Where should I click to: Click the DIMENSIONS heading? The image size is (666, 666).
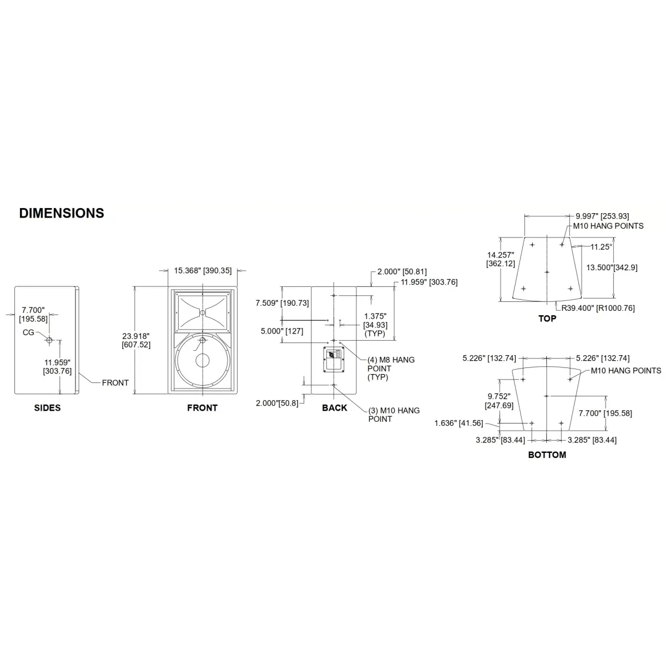tap(62, 213)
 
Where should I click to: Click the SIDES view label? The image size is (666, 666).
tap(47, 408)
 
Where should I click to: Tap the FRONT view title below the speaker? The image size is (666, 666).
tap(202, 408)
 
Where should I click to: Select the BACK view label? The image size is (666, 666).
tap(334, 408)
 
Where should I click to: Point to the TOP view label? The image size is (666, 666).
tap(547, 319)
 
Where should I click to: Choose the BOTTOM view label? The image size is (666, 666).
tap(547, 455)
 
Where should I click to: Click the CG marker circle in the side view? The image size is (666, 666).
tap(49, 340)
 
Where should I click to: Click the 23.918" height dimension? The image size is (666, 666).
tap(136, 340)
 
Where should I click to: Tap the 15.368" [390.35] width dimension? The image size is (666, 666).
tap(203, 271)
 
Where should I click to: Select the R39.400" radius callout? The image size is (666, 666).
tap(598, 308)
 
